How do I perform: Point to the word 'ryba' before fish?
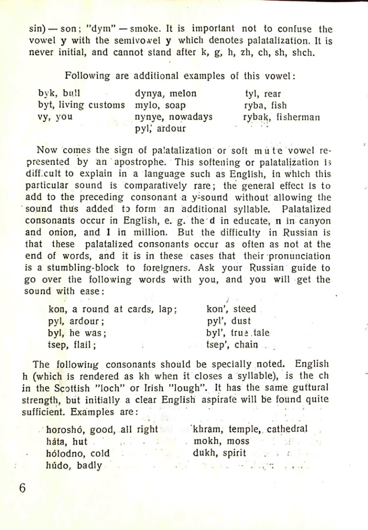click(x=254, y=106)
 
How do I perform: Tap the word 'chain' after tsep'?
click(x=246, y=343)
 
